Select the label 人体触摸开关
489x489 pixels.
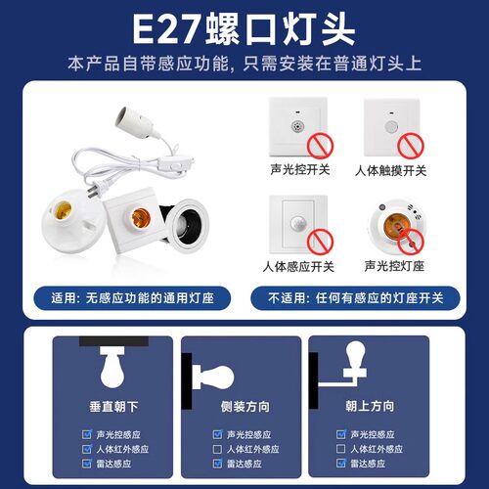pos(393,169)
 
